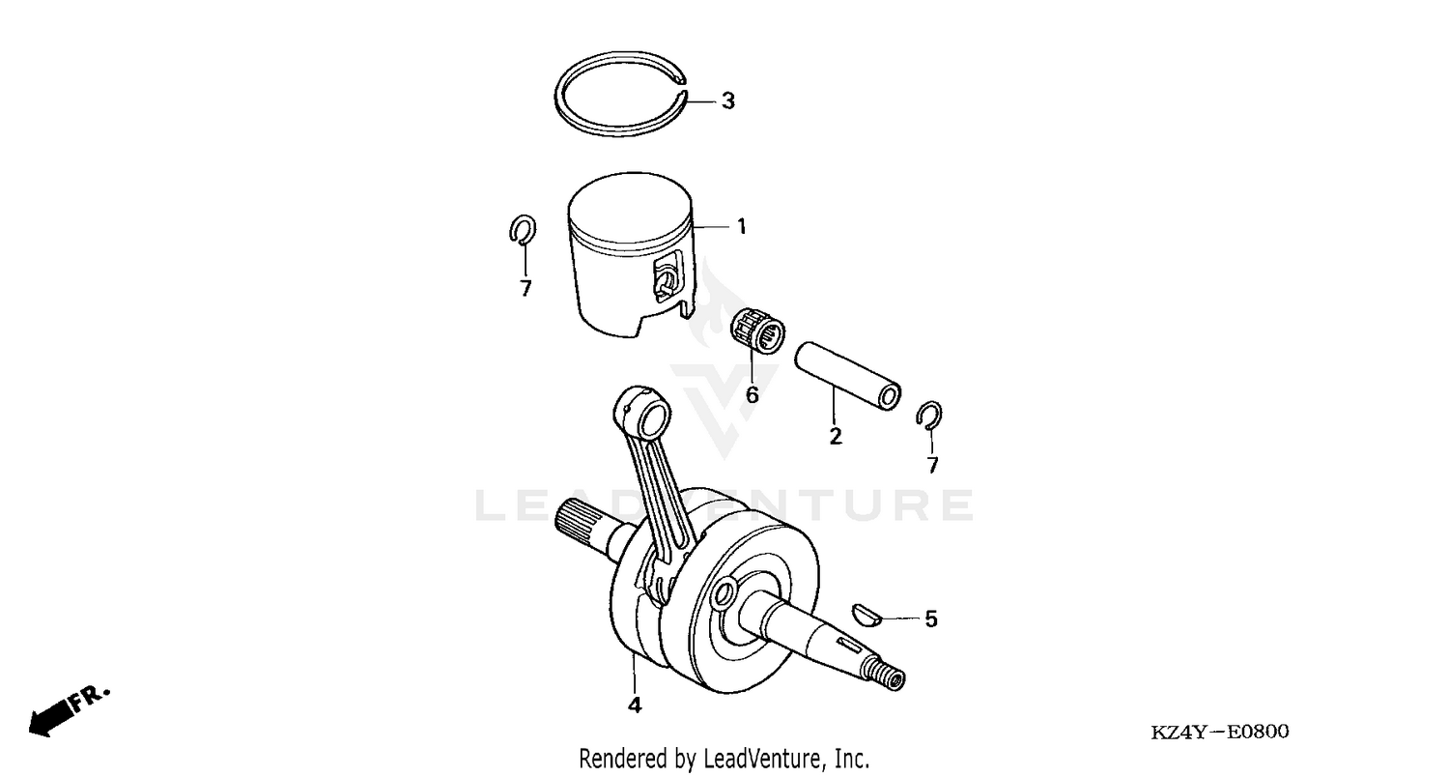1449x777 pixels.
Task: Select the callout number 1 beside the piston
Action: click(741, 228)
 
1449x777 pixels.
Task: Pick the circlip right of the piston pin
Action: click(930, 413)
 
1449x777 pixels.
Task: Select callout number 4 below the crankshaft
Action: click(634, 705)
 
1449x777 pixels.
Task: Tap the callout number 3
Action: click(728, 101)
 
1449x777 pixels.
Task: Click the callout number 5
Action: click(931, 619)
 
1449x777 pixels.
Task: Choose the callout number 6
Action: click(752, 394)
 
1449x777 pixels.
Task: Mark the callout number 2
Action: click(836, 436)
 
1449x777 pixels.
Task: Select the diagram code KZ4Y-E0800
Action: click(1220, 733)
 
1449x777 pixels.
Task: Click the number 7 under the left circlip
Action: click(526, 288)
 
